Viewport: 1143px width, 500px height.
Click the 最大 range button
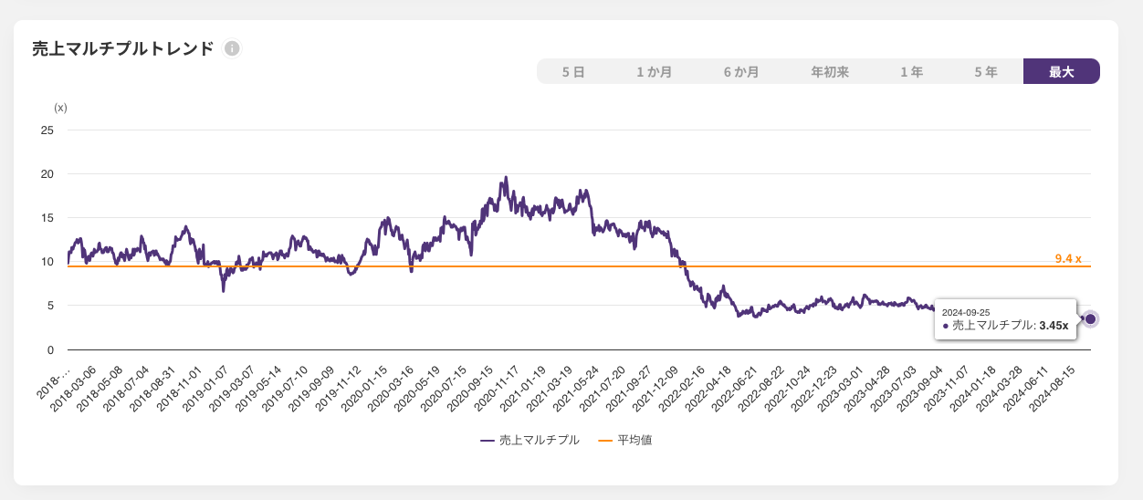(1061, 71)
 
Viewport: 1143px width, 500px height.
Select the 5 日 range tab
(573, 71)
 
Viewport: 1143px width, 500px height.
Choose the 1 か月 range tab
(655, 71)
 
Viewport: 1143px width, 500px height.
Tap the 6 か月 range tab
(741, 71)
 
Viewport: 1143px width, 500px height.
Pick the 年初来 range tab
(830, 71)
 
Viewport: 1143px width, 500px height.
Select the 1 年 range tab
(911, 71)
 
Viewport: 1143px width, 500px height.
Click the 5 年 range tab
(986, 71)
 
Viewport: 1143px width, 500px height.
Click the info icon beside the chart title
(232, 48)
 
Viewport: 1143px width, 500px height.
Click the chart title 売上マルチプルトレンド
(122, 48)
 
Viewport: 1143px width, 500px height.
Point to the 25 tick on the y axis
(47, 130)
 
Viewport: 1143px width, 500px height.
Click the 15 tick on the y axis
(47, 218)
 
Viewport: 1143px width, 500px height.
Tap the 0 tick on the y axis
(51, 349)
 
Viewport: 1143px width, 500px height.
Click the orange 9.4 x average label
(1068, 259)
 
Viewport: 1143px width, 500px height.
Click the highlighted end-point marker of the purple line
(1090, 318)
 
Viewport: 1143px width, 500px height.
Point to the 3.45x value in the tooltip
(1054, 325)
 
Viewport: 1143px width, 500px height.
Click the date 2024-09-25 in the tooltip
(966, 312)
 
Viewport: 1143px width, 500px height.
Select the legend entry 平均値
(634, 440)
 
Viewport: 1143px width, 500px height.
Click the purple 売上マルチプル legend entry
(539, 440)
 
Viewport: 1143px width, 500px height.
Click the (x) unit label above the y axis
(61, 108)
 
